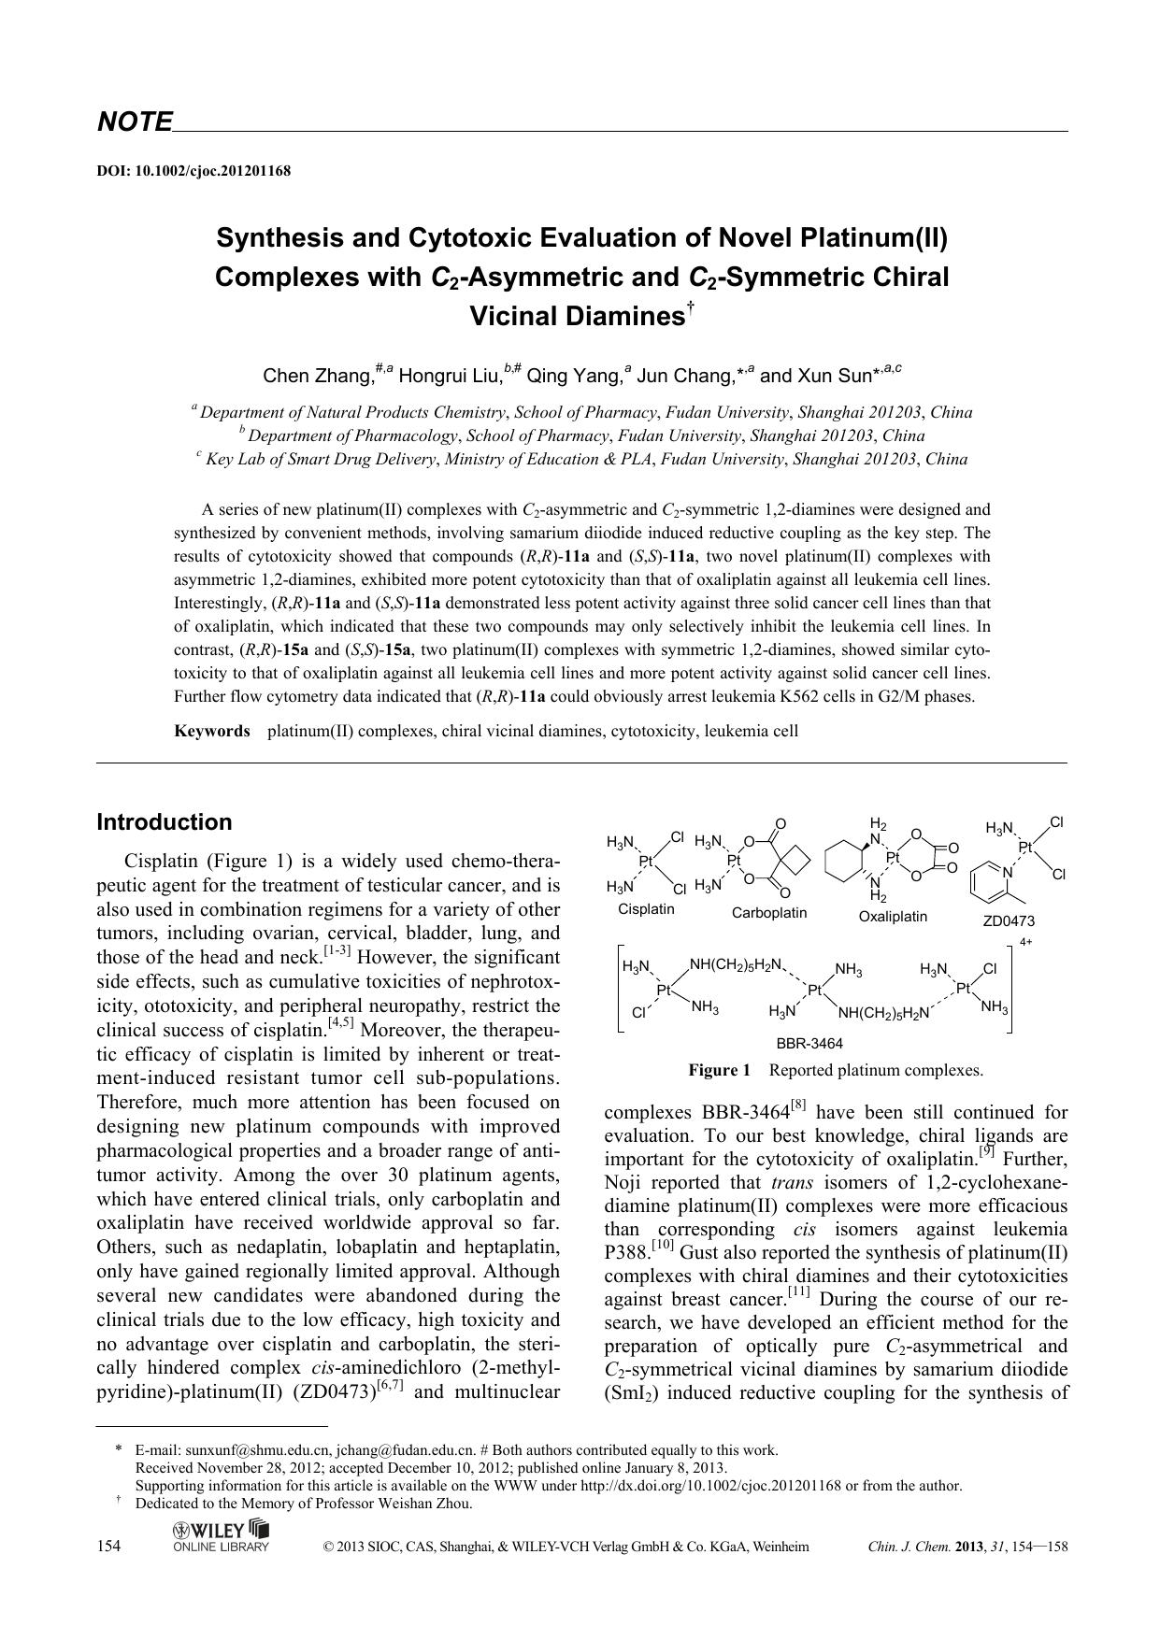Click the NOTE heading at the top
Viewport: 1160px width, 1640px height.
[x=135, y=122]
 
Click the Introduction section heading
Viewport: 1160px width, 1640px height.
[x=165, y=822]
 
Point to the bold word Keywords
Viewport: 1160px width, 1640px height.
[x=212, y=731]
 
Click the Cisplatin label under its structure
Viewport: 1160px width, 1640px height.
[x=646, y=909]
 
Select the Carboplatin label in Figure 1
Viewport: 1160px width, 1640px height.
[x=769, y=913]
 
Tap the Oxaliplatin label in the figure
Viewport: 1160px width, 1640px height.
[x=893, y=917]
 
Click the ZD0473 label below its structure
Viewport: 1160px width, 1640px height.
[x=1009, y=920]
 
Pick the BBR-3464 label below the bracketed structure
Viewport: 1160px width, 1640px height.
[x=809, y=1044]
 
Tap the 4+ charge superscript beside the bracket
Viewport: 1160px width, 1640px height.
[x=1025, y=942]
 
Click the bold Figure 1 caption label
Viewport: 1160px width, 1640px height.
[x=720, y=1070]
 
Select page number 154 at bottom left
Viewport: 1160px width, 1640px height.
[x=109, y=1547]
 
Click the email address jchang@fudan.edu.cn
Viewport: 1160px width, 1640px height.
[x=405, y=1450]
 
